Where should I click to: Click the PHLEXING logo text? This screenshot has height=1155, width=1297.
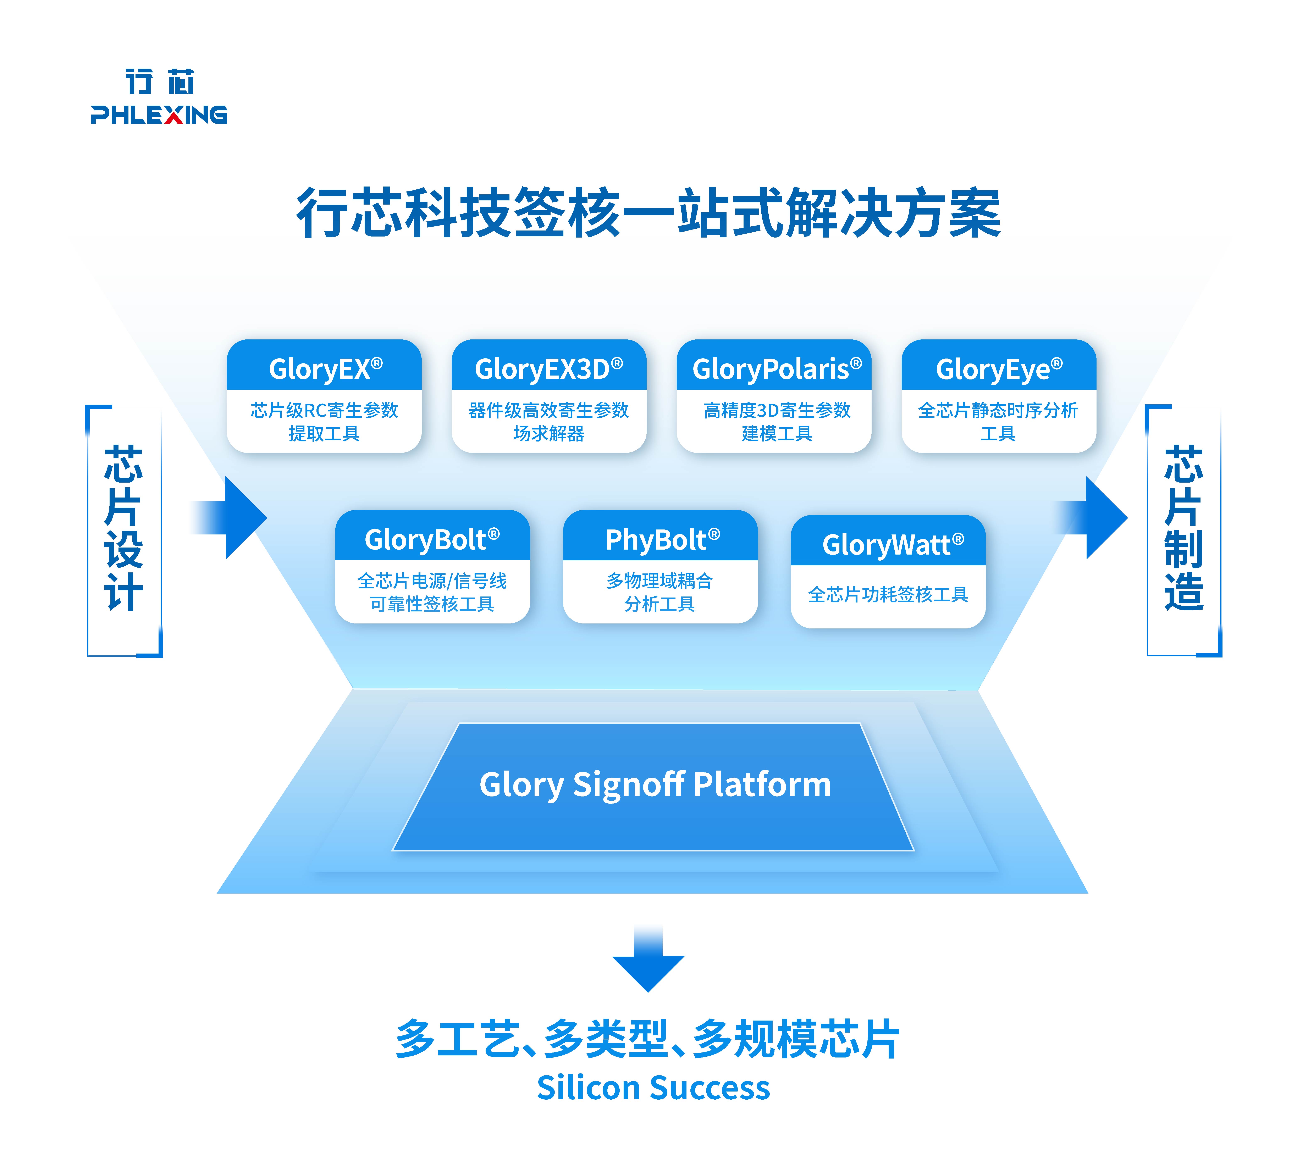[159, 115]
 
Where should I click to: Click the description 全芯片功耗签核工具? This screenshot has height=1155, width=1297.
[888, 595]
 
